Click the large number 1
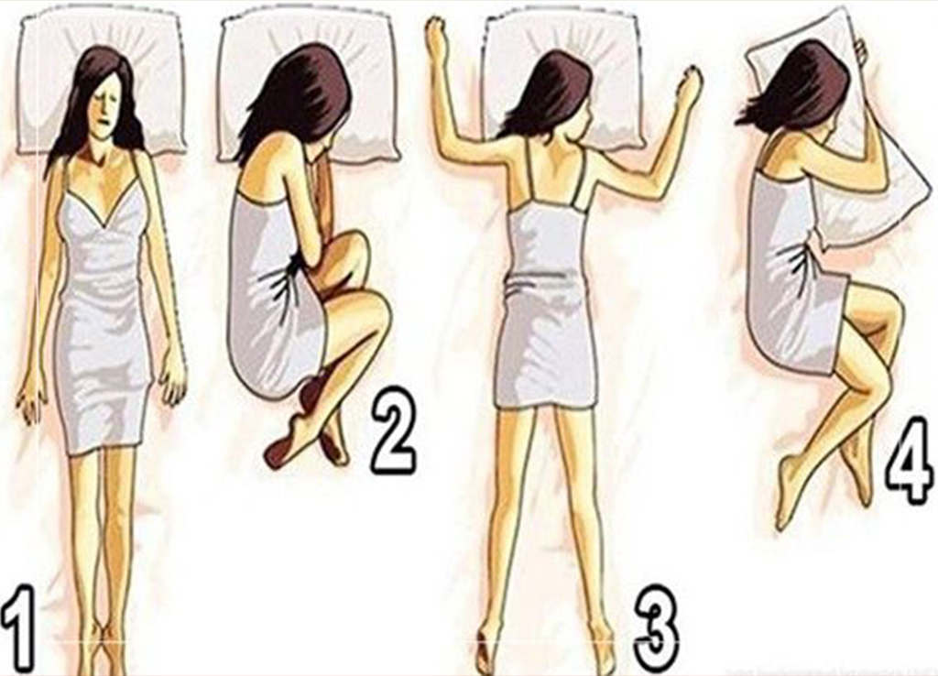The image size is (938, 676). pyautogui.click(x=20, y=631)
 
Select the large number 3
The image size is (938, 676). pyautogui.click(x=656, y=627)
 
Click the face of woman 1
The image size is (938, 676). pyautogui.click(x=104, y=104)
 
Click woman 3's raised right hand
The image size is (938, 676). pyautogui.click(x=688, y=87)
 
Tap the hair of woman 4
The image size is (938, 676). pyautogui.click(x=797, y=87)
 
